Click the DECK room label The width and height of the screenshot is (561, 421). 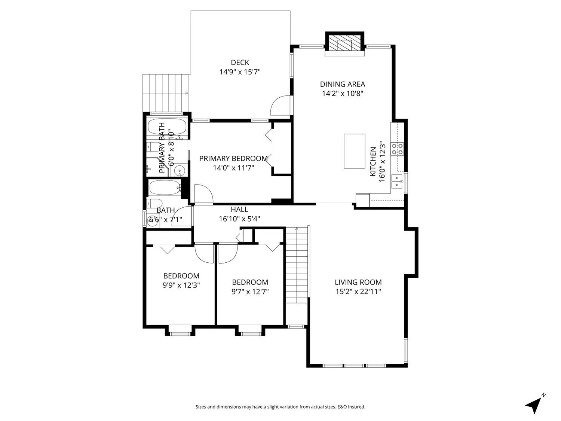(x=240, y=62)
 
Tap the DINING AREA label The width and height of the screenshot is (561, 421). (x=342, y=84)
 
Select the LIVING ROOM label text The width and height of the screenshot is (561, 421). (x=358, y=282)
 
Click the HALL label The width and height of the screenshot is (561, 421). (x=239, y=210)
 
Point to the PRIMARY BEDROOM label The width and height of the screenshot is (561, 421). (x=233, y=158)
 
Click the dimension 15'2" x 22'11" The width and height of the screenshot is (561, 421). (x=358, y=292)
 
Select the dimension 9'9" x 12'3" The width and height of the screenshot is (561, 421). (x=181, y=285)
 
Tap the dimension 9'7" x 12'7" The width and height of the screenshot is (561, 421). (x=250, y=292)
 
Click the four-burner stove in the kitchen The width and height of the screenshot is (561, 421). (x=397, y=149)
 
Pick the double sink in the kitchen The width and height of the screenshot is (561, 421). (x=397, y=181)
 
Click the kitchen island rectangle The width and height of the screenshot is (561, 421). (x=354, y=151)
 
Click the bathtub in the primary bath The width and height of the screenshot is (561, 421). (x=168, y=126)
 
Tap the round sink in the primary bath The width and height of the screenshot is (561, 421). (x=180, y=170)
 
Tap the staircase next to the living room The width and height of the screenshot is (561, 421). (x=297, y=265)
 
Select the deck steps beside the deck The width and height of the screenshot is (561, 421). (x=165, y=93)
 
